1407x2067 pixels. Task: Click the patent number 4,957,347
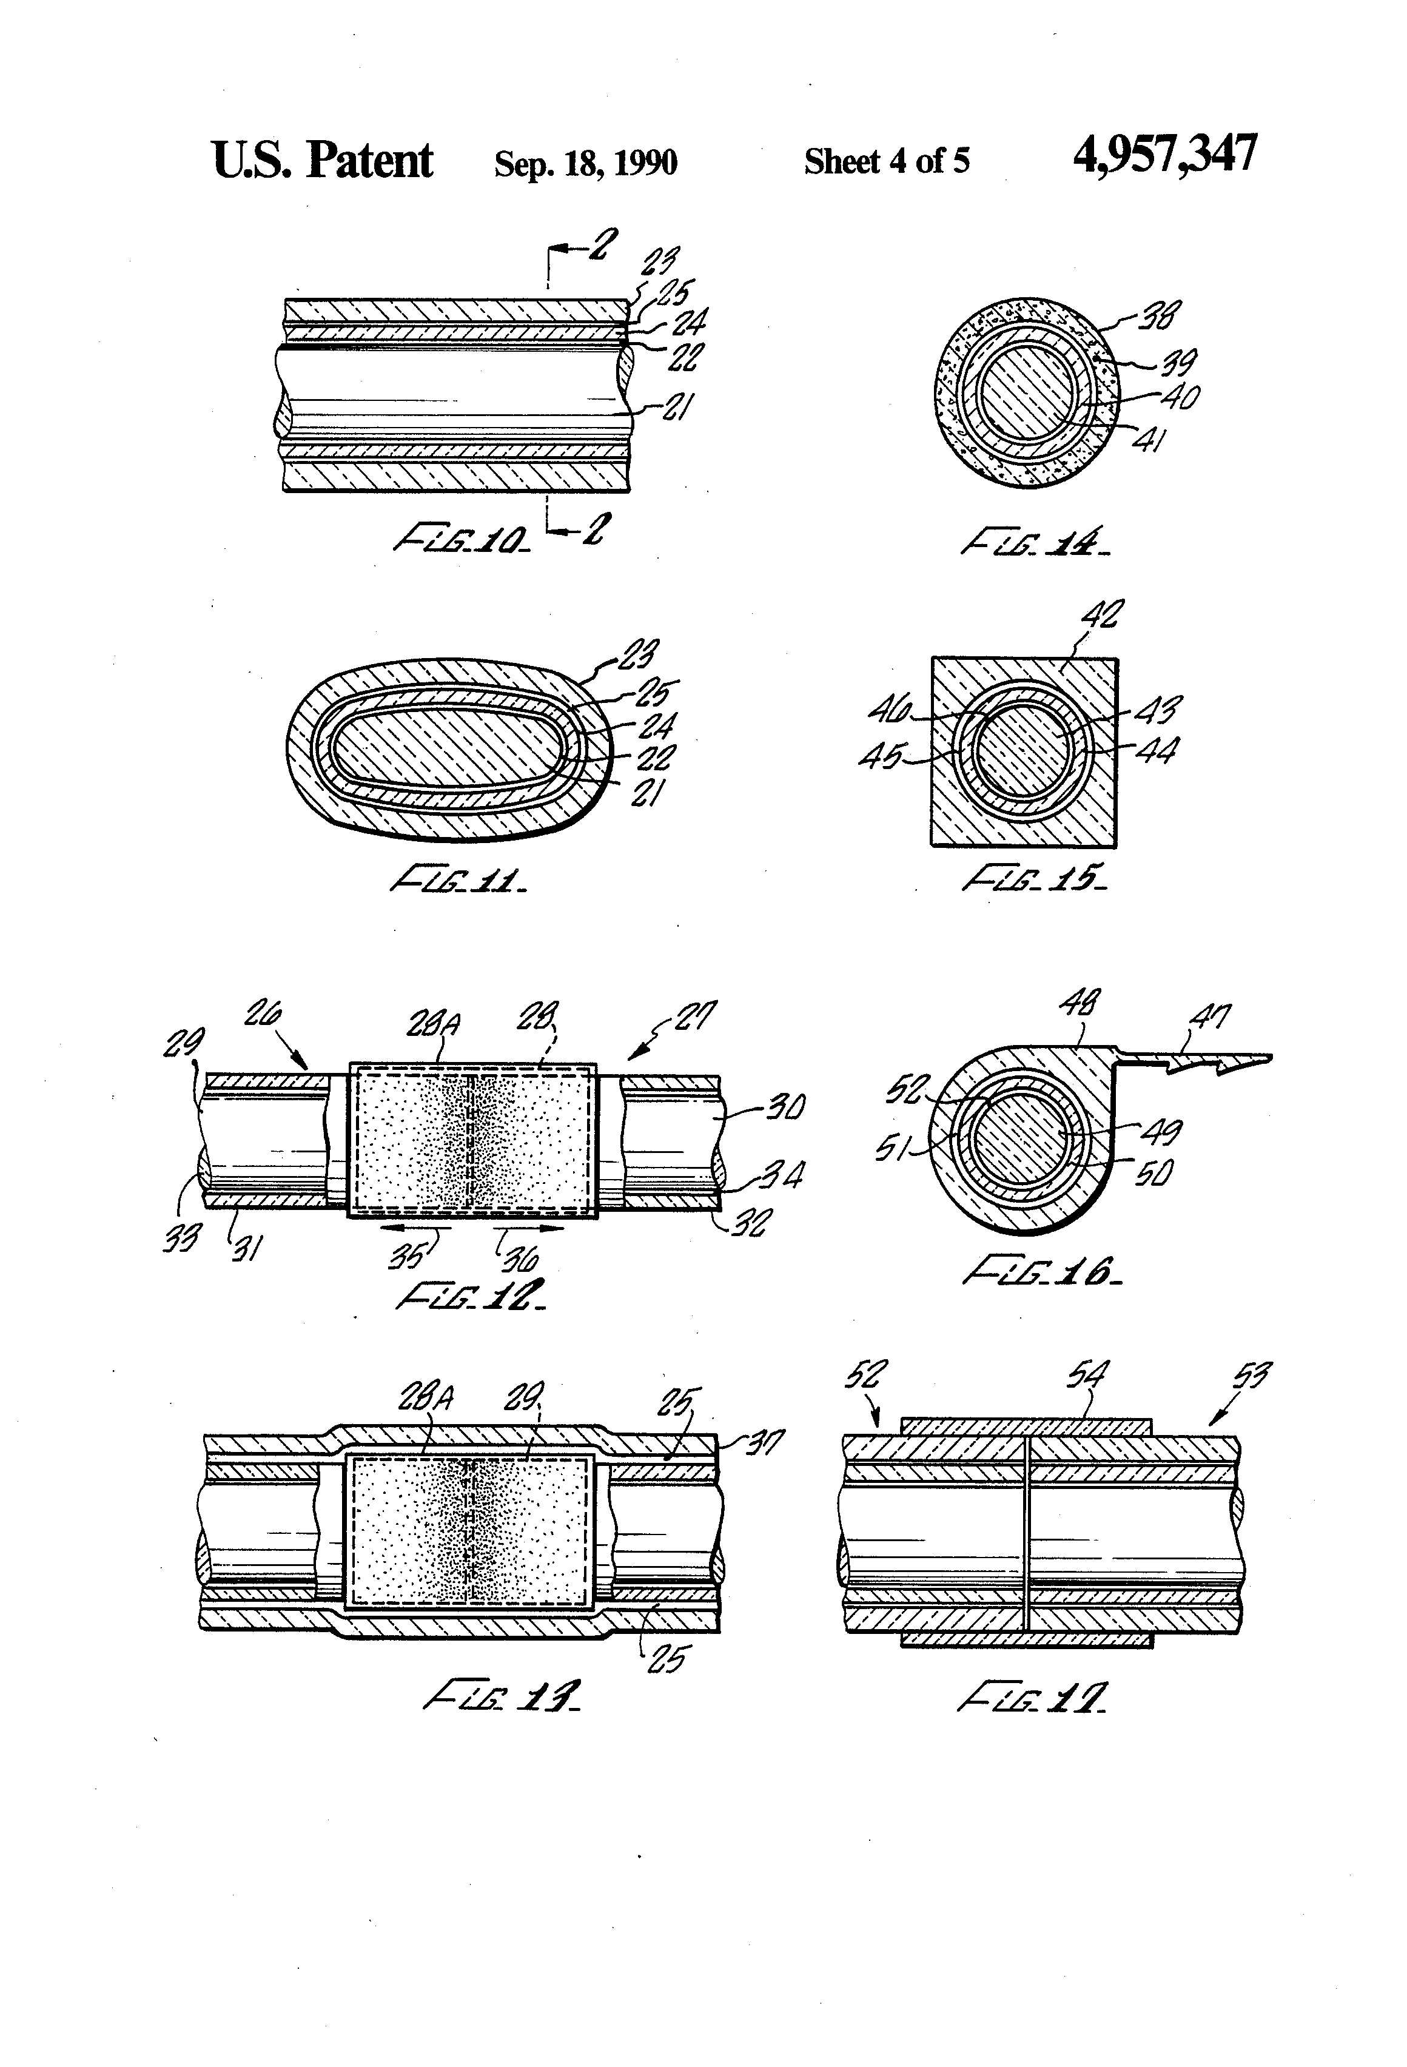click(1164, 155)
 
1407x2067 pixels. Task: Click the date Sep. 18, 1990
click(585, 163)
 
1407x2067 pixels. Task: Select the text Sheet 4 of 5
click(887, 161)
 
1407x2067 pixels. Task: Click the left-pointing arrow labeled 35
click(414, 1228)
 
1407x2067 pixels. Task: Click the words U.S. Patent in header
click(322, 161)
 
